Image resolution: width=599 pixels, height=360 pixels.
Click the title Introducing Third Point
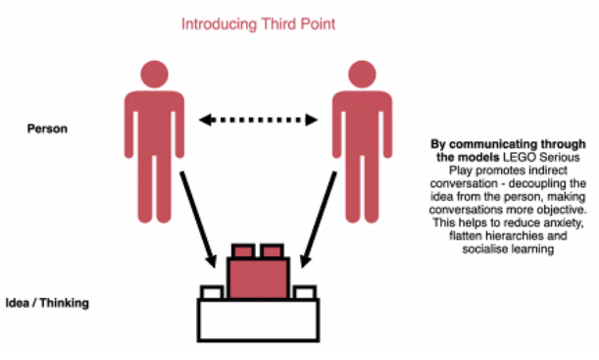(x=258, y=25)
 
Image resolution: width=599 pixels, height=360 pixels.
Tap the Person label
(x=47, y=129)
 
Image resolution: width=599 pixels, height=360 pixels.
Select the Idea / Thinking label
(x=47, y=303)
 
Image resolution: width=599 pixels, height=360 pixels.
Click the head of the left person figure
(x=154, y=75)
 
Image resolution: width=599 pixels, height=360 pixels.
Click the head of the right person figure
(x=362, y=75)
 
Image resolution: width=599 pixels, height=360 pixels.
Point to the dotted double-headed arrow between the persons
(x=258, y=120)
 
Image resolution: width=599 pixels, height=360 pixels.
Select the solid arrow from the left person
(x=198, y=220)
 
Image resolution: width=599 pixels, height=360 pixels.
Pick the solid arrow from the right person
(x=319, y=220)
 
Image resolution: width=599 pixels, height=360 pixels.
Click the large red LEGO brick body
(x=258, y=279)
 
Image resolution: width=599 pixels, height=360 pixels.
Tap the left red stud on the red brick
(x=243, y=251)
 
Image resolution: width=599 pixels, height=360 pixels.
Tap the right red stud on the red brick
(x=272, y=251)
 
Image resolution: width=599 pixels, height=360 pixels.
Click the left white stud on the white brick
(x=213, y=292)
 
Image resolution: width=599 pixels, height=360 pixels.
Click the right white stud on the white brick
(x=305, y=292)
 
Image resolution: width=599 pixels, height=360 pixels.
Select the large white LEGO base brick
(x=258, y=320)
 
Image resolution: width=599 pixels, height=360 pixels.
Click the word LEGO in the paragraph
(x=520, y=157)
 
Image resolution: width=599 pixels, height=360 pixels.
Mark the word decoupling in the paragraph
(x=538, y=183)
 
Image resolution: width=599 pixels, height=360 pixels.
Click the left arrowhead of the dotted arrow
(x=205, y=120)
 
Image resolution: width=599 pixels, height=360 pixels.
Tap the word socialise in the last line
(x=480, y=249)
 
